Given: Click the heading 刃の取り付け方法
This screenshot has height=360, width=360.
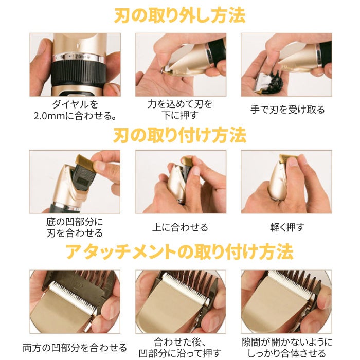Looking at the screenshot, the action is coord(180,135).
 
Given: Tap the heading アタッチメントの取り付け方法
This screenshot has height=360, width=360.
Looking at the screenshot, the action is coord(180,251).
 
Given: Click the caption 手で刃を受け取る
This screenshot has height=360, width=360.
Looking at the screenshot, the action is coord(287,110).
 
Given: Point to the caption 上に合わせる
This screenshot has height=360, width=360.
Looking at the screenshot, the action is coord(180,227).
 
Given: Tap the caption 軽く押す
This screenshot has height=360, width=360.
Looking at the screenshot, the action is coord(287,227).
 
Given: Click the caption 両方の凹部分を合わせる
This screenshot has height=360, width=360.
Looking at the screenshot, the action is coord(75,348).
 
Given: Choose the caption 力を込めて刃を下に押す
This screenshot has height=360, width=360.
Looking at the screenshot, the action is coord(180,110).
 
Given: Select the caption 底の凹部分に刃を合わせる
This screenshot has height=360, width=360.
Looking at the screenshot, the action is coord(75,227).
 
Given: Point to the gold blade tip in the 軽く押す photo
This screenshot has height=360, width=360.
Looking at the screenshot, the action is coord(287,158).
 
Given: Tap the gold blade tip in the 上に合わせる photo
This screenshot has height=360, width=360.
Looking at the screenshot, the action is coord(187,161).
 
